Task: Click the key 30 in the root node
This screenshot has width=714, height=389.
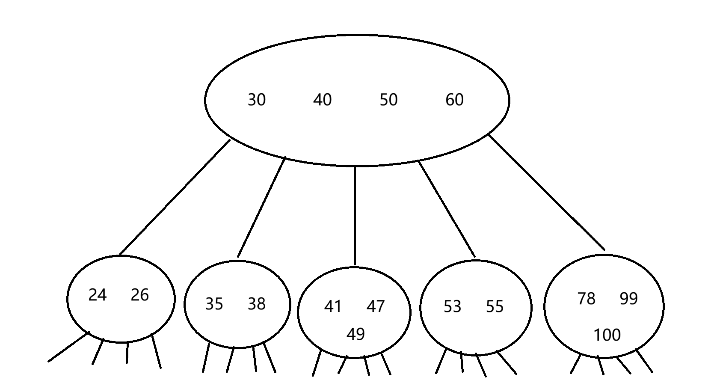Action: tap(257, 100)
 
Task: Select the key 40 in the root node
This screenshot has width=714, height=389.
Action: tap(322, 100)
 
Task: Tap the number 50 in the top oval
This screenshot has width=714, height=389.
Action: tap(388, 100)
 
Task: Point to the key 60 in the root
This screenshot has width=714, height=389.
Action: tap(454, 100)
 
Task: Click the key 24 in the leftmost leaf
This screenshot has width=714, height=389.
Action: tap(98, 295)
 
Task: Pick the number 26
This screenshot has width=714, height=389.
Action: tap(139, 295)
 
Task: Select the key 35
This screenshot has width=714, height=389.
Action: tap(214, 304)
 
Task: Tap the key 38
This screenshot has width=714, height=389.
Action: tap(257, 304)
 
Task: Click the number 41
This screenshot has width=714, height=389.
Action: tap(333, 306)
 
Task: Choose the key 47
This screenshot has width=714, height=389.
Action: tap(376, 306)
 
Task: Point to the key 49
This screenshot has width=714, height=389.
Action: tap(356, 334)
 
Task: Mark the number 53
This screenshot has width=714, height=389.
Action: tap(452, 307)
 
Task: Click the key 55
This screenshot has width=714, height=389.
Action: tap(495, 307)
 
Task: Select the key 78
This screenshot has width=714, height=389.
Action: tap(587, 299)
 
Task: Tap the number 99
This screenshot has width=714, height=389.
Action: tap(629, 299)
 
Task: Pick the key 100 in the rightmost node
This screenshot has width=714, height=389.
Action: tap(607, 335)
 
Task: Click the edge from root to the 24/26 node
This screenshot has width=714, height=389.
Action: tap(175, 198)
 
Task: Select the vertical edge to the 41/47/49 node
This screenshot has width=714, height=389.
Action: tap(355, 216)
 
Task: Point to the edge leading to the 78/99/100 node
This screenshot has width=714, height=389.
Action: tap(546, 192)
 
